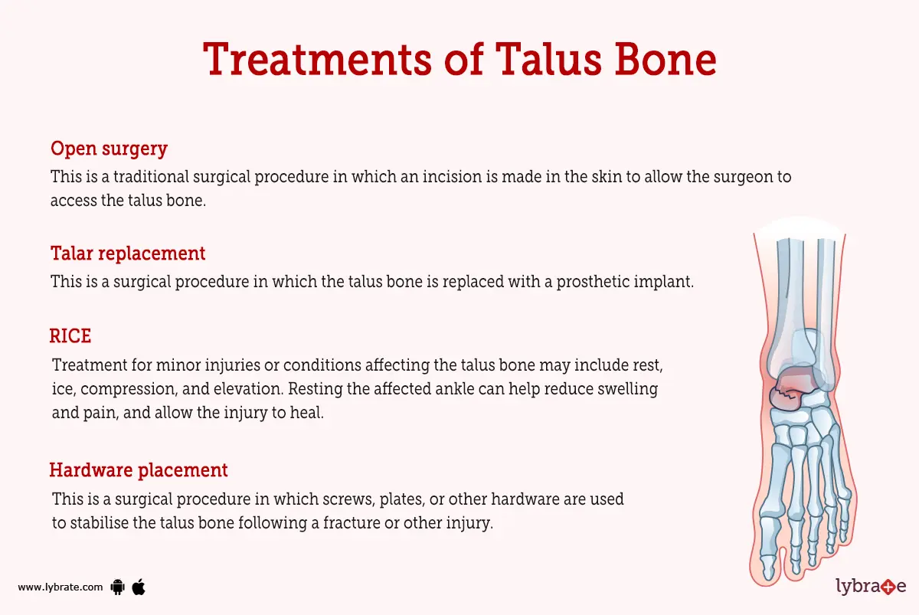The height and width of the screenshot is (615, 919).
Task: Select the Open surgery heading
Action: [x=109, y=148]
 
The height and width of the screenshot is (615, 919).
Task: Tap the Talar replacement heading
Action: [x=128, y=253]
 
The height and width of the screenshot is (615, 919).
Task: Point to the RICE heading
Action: [x=70, y=335]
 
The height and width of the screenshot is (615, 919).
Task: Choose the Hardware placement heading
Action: [x=139, y=469]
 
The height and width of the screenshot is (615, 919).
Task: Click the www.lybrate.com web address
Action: [x=60, y=587]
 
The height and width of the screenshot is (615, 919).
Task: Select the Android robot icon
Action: [x=118, y=587]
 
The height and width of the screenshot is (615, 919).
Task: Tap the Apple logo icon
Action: [x=139, y=587]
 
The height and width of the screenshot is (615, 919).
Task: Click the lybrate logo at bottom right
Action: [x=870, y=587]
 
